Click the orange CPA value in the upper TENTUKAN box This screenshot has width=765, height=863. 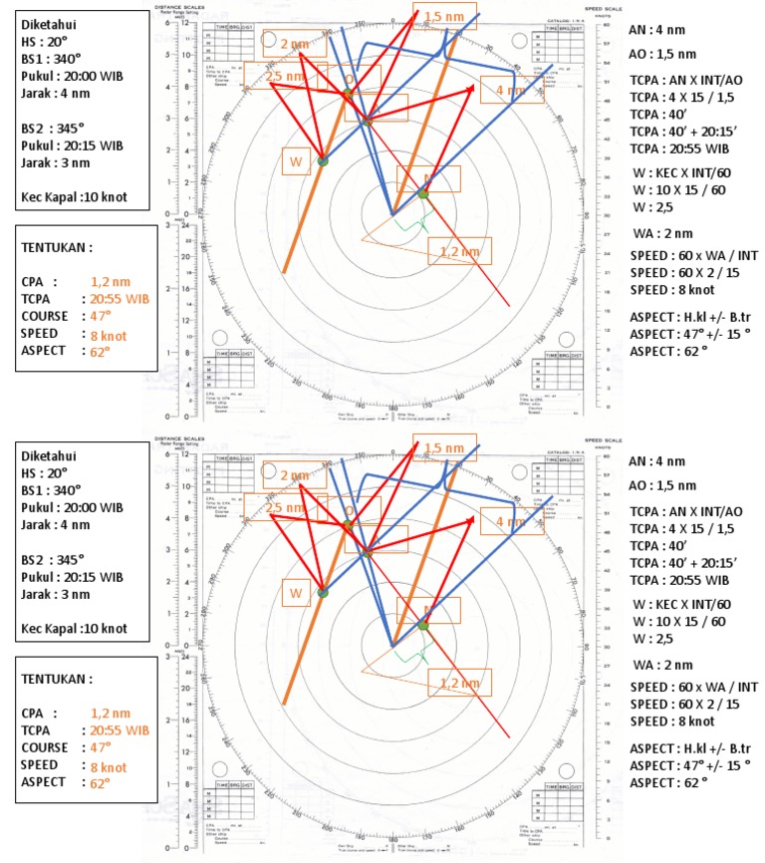(110, 282)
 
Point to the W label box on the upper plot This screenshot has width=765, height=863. (295, 161)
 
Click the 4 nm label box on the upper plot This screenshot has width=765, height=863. (512, 90)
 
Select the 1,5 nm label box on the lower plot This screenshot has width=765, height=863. (443, 447)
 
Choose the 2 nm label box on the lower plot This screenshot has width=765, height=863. (295, 475)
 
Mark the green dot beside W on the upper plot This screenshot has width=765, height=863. (323, 159)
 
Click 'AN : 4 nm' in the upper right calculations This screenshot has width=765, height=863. (656, 30)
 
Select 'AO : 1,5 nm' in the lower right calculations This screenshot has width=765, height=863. (662, 485)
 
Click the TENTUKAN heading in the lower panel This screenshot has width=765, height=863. (57, 679)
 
